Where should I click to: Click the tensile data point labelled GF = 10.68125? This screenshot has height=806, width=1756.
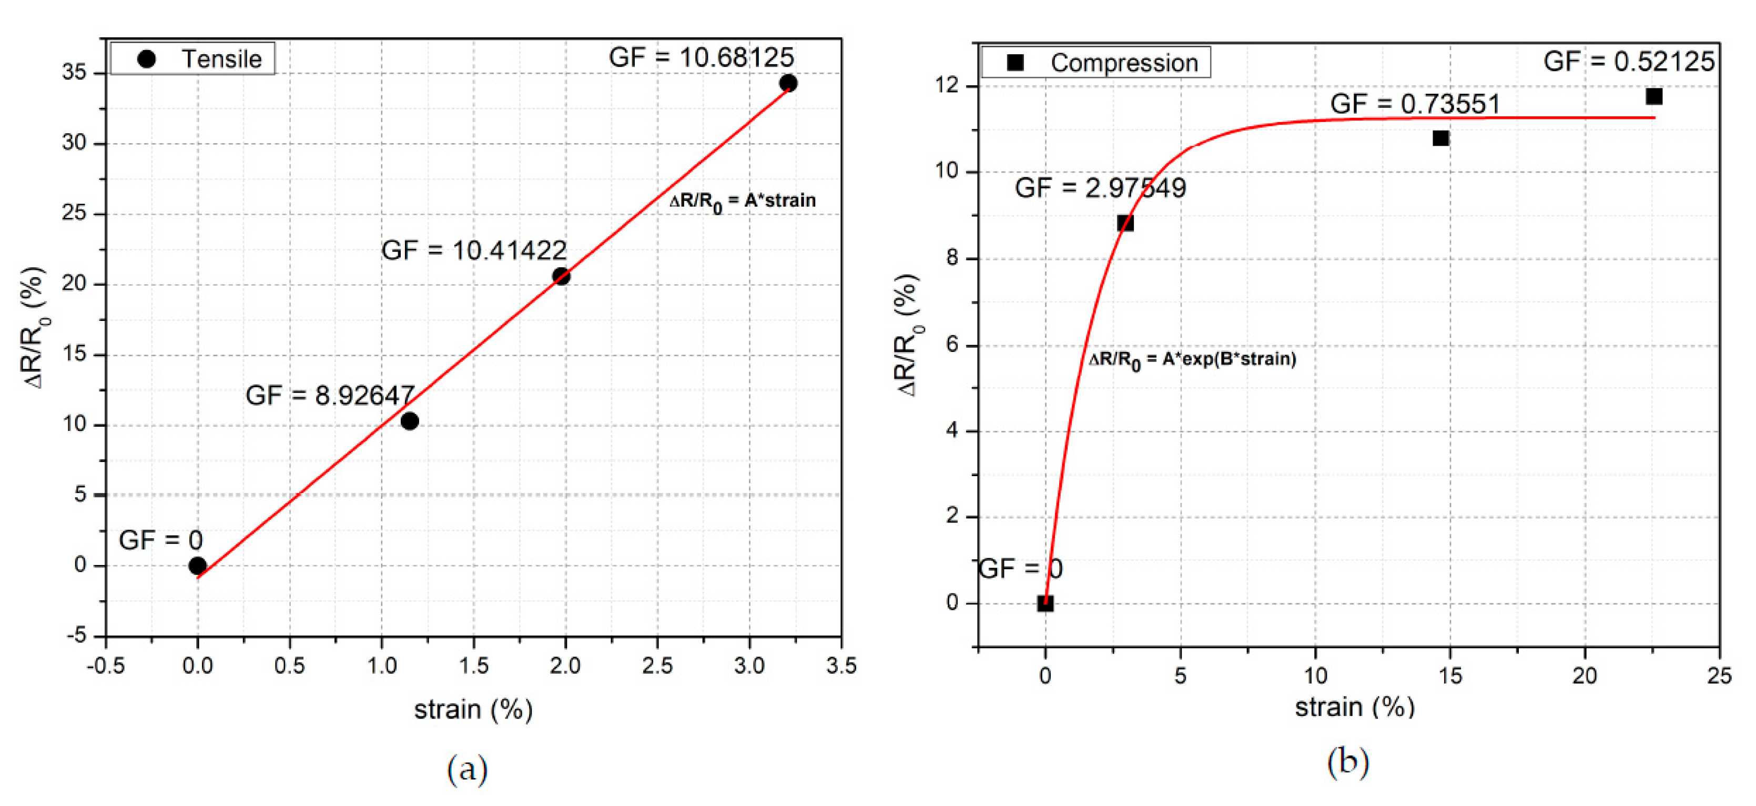click(x=788, y=83)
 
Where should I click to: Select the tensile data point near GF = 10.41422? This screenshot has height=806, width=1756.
click(x=561, y=276)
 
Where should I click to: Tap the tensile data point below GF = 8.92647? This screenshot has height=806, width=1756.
click(x=410, y=421)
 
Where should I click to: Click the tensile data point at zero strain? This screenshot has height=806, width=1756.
click(x=198, y=565)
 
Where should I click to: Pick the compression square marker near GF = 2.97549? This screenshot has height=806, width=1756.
click(x=1125, y=223)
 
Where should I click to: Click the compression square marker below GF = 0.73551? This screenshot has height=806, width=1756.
click(x=1440, y=138)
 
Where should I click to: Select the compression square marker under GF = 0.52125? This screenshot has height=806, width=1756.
click(x=1654, y=96)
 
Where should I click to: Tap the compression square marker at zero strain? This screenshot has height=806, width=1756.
click(x=1045, y=603)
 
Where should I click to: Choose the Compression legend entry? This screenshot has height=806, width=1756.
click(x=1095, y=63)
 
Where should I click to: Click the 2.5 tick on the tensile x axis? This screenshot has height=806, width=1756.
click(x=657, y=666)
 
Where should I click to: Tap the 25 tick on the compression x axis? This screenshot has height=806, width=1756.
click(x=1719, y=676)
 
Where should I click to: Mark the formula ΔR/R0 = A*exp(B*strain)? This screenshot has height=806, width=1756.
click(x=1192, y=360)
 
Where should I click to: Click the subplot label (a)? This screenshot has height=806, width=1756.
click(x=468, y=769)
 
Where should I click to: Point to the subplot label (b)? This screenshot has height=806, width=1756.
click(x=1348, y=762)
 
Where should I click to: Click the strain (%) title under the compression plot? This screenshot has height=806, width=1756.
click(x=1355, y=707)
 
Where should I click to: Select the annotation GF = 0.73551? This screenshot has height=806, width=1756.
click(x=1415, y=104)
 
